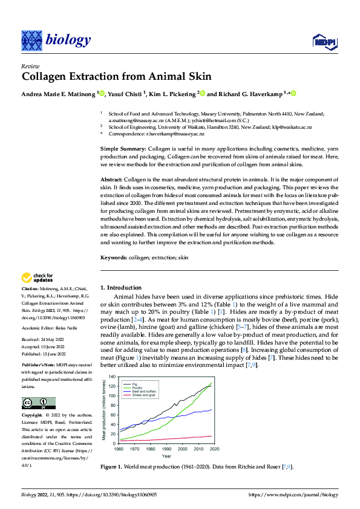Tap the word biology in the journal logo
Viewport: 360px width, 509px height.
pyautogui.click(x=67, y=41)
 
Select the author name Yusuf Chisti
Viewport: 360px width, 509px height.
pyautogui.click(x=128, y=94)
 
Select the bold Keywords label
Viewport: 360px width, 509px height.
pyautogui.click(x=113, y=258)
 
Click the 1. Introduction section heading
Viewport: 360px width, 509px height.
pyautogui.click(x=121, y=288)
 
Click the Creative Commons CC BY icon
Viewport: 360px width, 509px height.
pyautogui.click(x=38, y=403)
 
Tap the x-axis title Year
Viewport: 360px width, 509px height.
pyautogui.click(x=164, y=456)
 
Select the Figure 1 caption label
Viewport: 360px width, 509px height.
pyautogui.click(x=113, y=467)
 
